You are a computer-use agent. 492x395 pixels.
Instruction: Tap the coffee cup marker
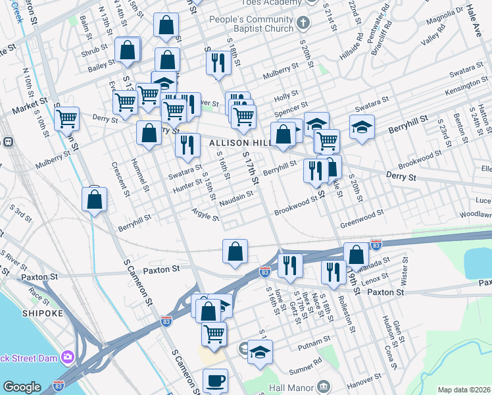[215, 381]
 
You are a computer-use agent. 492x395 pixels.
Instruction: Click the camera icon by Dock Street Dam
[67, 357]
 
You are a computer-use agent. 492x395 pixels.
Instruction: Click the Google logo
[22, 387]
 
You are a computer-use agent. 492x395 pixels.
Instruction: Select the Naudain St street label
[236, 196]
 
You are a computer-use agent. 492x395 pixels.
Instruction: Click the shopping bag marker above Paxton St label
[235, 251]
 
